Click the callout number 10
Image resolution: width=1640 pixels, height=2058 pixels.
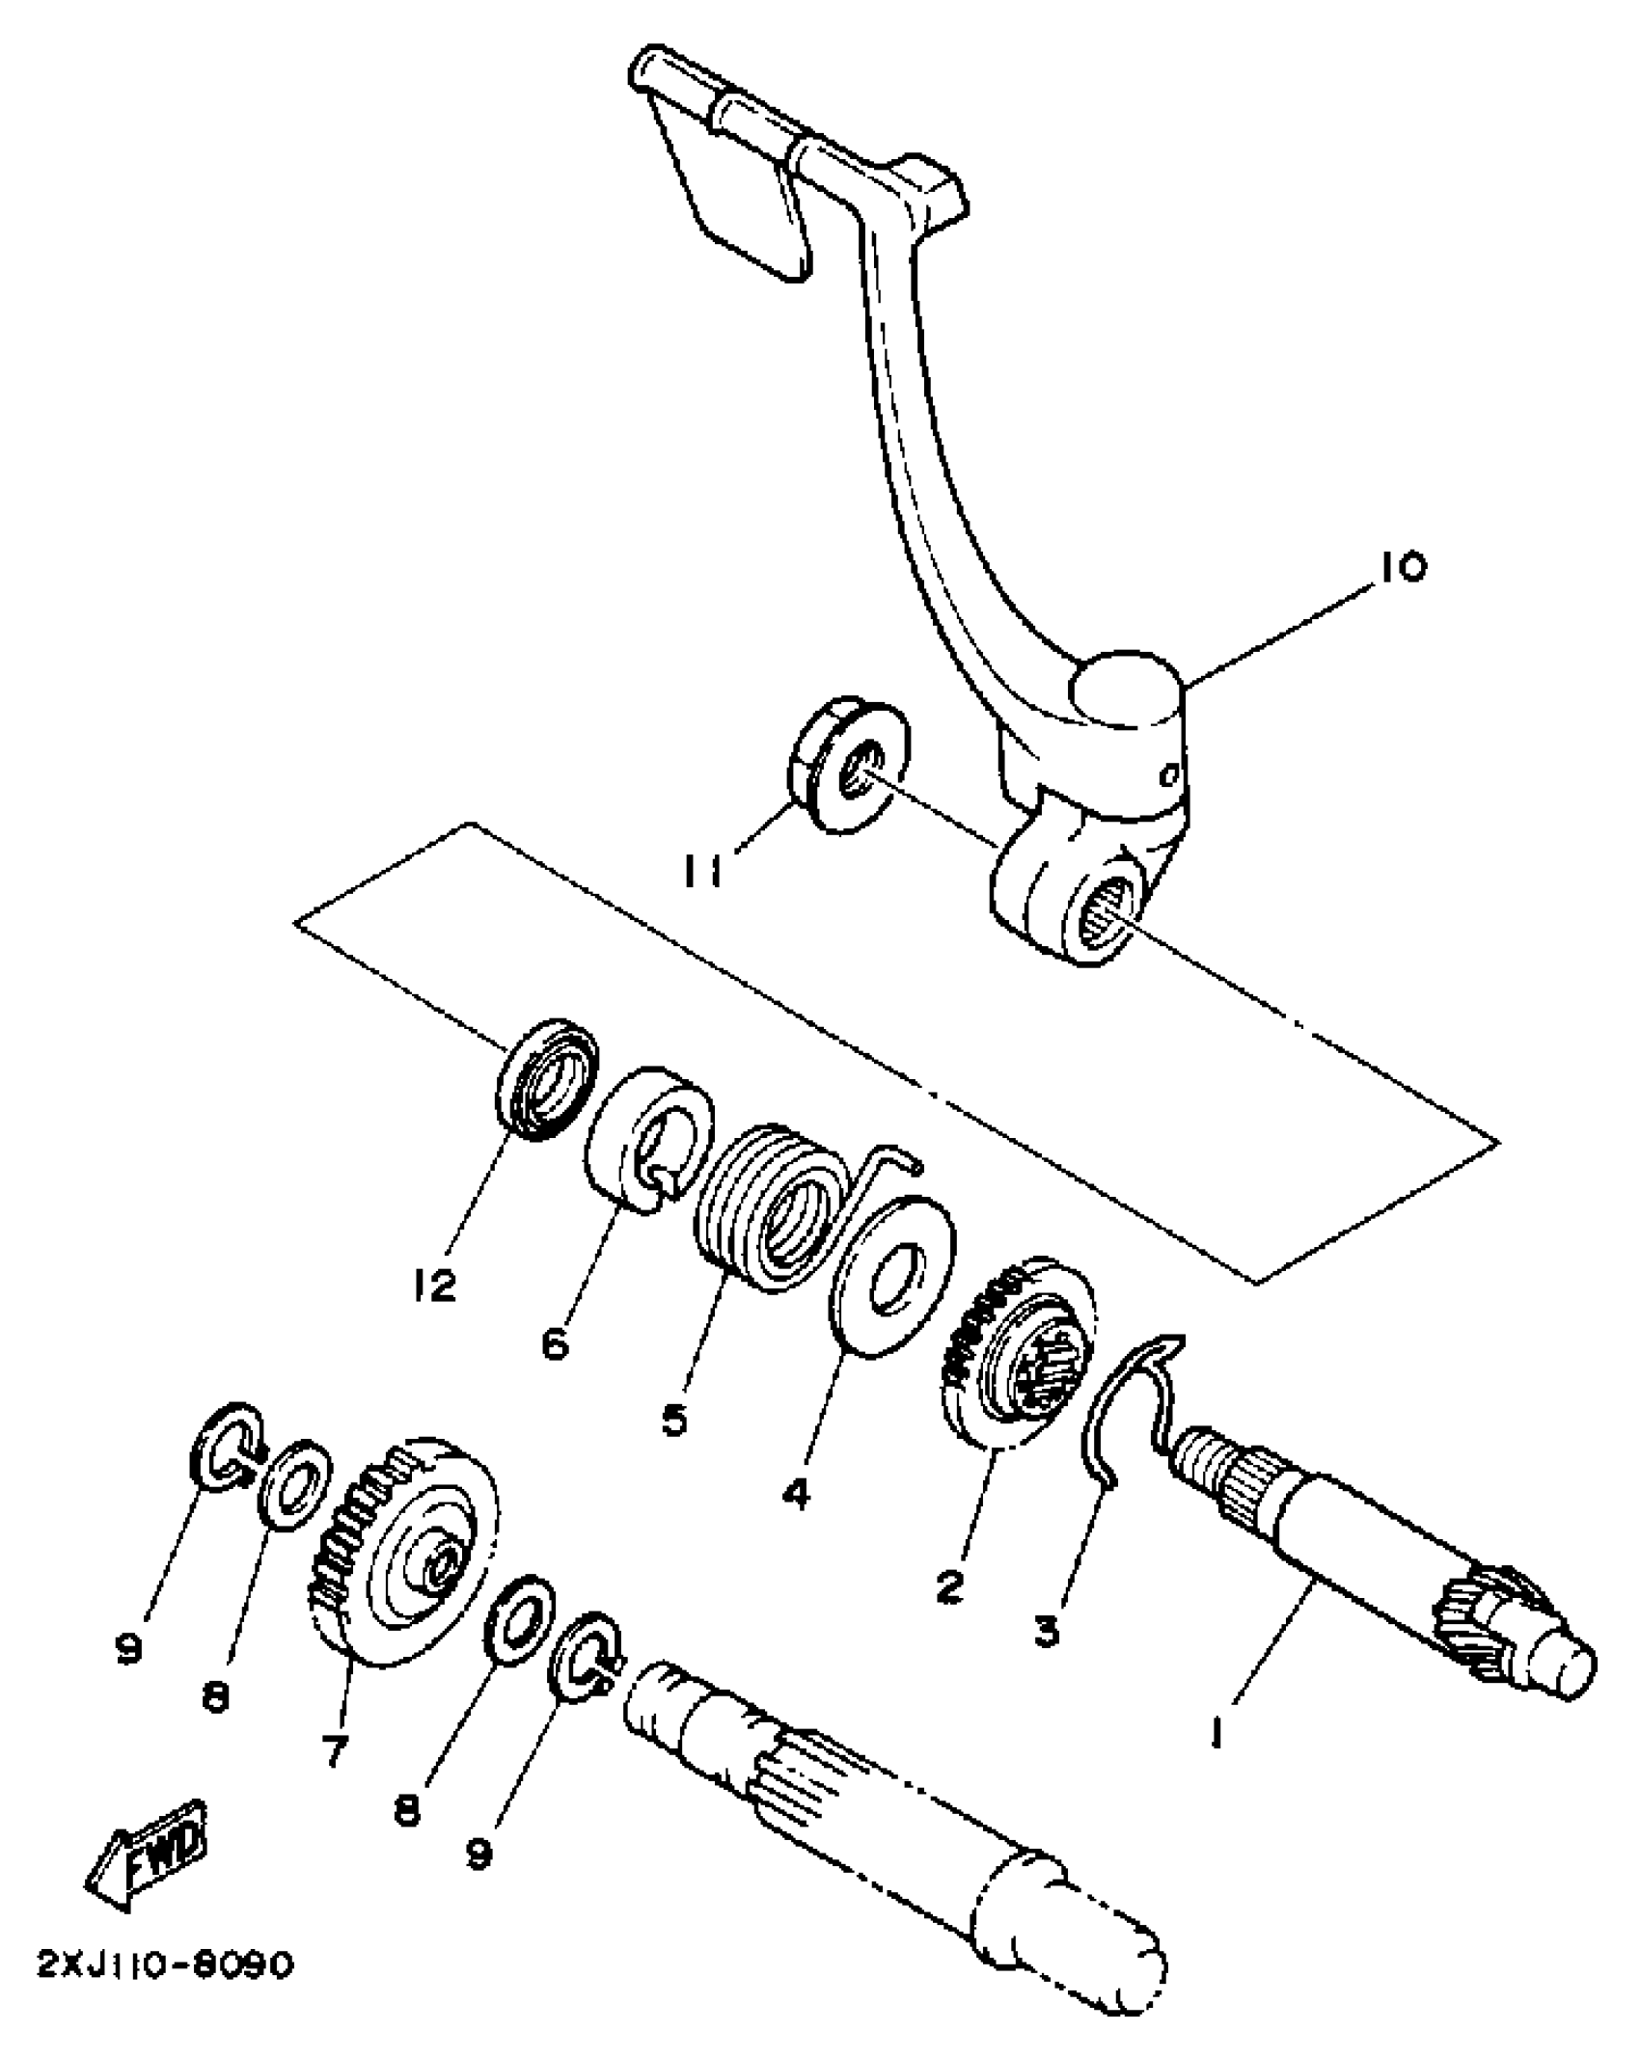(x=1402, y=566)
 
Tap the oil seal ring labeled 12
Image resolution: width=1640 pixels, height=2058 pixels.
(x=547, y=1080)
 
